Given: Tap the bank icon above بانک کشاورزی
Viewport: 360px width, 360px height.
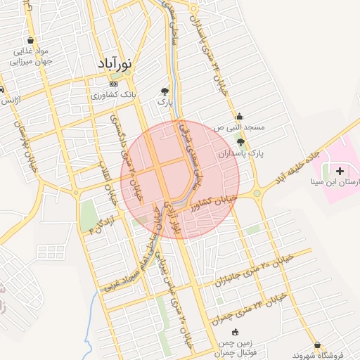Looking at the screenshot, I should [x=115, y=84].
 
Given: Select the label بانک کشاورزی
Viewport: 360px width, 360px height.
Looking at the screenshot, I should [x=115, y=95].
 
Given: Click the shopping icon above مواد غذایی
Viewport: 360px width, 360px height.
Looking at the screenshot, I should [x=31, y=40].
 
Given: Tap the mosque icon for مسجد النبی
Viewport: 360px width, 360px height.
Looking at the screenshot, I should [x=240, y=116].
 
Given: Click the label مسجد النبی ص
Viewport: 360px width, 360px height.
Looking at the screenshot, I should [x=240, y=127].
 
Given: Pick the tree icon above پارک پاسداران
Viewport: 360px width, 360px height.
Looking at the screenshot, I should [x=240, y=142].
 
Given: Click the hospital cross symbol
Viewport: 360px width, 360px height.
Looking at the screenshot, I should [x=341, y=171].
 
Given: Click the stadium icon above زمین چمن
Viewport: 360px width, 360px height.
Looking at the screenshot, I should [x=235, y=332].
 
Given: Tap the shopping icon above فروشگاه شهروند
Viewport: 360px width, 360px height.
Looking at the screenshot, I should [x=319, y=345].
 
